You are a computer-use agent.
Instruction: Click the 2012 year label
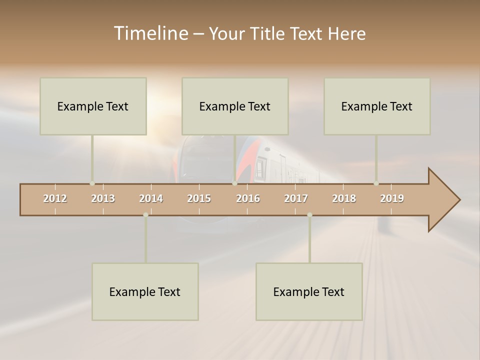(55, 198)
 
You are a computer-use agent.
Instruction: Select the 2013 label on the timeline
(103, 198)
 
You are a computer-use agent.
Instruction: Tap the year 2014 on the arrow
(151, 198)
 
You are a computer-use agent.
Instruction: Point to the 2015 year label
(199, 198)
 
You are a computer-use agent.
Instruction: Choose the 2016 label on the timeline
(248, 198)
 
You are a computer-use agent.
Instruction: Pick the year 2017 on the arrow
(296, 198)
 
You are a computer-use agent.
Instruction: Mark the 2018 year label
(344, 198)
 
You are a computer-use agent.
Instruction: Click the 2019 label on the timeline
(392, 198)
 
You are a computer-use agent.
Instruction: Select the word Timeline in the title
(150, 33)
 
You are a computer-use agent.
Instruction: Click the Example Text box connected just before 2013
(93, 106)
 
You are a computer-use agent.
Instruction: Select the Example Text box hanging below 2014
(145, 291)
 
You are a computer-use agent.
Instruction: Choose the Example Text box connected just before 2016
(235, 106)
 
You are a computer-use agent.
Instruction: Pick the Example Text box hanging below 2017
(309, 291)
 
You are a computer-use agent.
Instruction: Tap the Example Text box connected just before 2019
(377, 106)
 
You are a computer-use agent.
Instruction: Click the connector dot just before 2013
(92, 183)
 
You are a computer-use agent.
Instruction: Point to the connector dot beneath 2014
(145, 215)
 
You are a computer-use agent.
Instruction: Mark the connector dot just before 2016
(234, 183)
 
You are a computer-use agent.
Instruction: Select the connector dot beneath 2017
(309, 215)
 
